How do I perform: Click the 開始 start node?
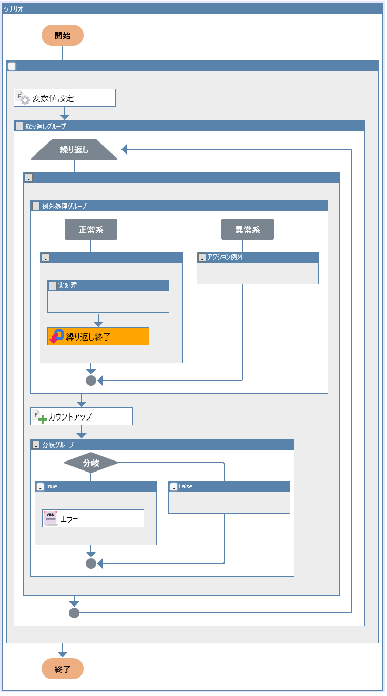click(63, 35)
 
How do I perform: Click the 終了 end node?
click(63, 669)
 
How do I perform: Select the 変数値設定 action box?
click(64, 98)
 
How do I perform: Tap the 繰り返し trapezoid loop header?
click(74, 150)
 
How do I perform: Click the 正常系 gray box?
click(90, 230)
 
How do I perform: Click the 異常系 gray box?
click(247, 230)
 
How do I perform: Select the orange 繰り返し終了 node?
click(98, 336)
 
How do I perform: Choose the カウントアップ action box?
click(81, 416)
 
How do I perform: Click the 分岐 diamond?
click(91, 463)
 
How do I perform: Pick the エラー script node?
click(93, 518)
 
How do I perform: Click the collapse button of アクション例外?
click(202, 258)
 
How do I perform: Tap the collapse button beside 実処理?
click(53, 286)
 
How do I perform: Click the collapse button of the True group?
click(40, 487)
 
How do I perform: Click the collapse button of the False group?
click(174, 487)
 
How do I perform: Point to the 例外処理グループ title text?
click(64, 206)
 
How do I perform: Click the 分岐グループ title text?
click(58, 445)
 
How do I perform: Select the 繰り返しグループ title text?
click(46, 126)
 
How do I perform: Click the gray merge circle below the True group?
click(91, 564)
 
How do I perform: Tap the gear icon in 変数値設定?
click(25, 99)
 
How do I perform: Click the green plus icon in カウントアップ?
click(43, 419)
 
